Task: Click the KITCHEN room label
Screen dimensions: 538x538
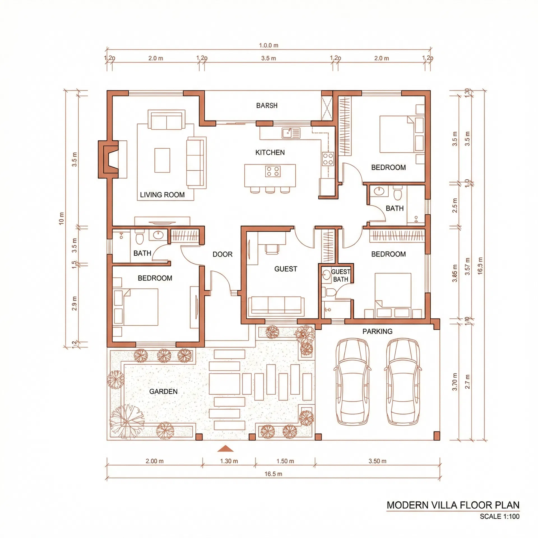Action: (x=270, y=152)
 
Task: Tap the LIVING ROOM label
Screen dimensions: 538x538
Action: (x=162, y=195)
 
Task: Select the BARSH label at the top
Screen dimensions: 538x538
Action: (x=267, y=106)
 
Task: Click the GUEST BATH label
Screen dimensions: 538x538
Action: (x=340, y=275)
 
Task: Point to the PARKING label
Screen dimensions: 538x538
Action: (x=377, y=331)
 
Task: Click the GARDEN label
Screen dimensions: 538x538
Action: (x=163, y=391)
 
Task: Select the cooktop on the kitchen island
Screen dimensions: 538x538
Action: (x=273, y=171)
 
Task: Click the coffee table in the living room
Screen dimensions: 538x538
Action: (x=162, y=160)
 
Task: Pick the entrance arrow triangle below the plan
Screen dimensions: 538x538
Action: (x=225, y=449)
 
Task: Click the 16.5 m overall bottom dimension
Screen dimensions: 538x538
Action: (x=273, y=474)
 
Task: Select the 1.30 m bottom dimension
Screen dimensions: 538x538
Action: (x=229, y=461)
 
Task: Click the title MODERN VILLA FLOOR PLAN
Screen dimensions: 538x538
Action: (x=453, y=505)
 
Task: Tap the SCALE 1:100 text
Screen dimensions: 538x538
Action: (x=499, y=516)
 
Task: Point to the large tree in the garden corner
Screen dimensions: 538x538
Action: (x=127, y=421)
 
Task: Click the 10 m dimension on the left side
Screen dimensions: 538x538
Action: (x=61, y=219)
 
